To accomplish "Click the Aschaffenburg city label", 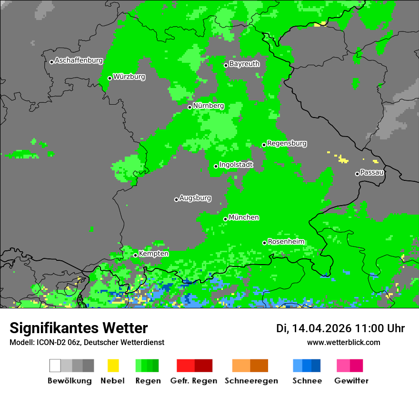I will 79,60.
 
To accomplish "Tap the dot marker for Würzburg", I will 110,79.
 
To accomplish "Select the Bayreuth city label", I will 244,64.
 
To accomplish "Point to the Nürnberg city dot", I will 190,107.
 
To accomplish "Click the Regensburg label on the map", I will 287,143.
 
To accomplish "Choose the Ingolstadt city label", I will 236,165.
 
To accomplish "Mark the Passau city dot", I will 357,174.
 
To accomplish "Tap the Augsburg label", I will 195,198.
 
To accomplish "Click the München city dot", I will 225,219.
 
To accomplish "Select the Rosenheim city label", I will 286,242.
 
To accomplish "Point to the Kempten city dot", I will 135,255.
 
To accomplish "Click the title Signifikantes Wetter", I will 79,328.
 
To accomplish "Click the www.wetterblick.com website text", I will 343,342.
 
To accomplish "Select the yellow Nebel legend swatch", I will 113,365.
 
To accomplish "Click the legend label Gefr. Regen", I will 194,381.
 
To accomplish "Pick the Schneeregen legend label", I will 250,381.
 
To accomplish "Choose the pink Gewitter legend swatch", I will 343,365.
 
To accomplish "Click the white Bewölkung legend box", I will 55,365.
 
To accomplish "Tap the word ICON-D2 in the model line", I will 48,342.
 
